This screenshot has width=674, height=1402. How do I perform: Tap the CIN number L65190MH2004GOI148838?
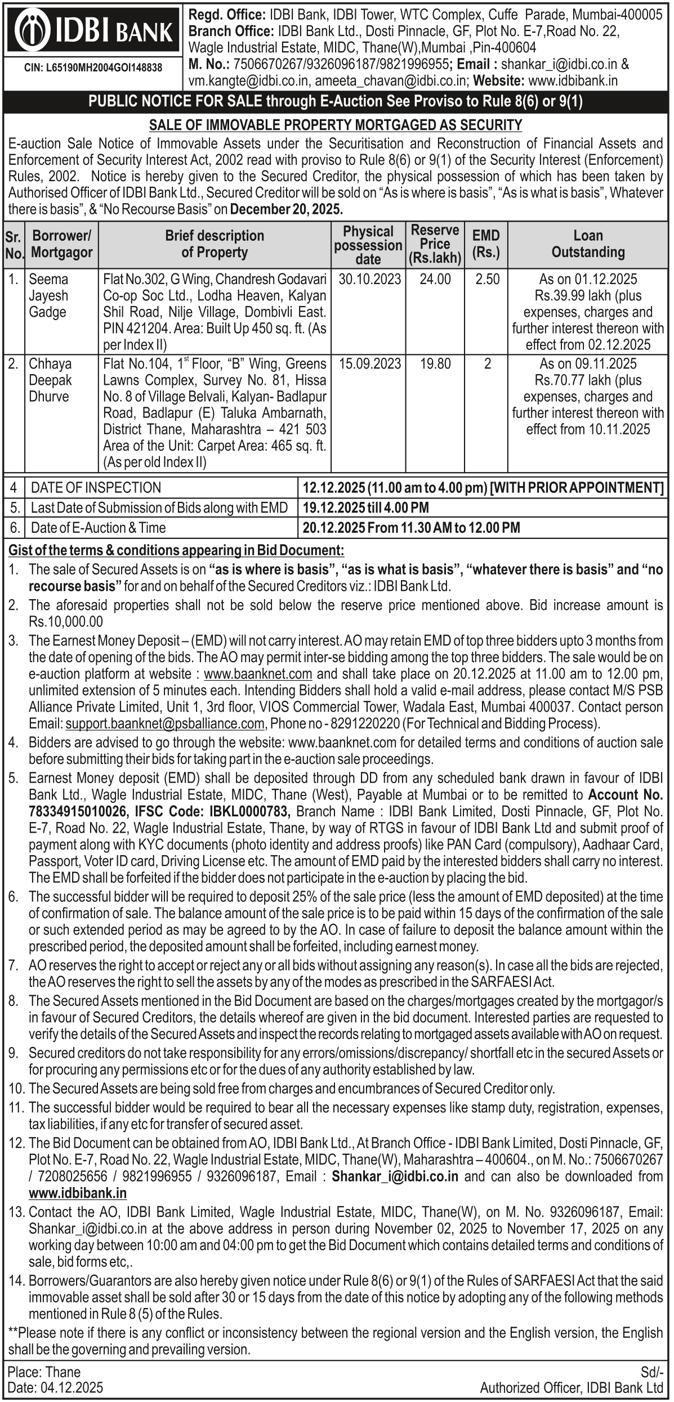coord(93,68)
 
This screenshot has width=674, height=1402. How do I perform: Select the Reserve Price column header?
coord(435,244)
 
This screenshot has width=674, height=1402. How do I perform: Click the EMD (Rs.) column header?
coord(486,244)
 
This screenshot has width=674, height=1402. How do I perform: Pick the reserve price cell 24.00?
coord(435,279)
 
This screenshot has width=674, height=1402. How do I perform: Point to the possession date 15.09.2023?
coord(369,364)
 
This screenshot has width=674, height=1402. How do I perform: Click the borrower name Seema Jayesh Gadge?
coord(48,295)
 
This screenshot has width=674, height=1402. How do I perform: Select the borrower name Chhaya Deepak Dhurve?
coord(50,380)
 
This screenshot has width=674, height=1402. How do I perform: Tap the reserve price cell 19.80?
coord(435,364)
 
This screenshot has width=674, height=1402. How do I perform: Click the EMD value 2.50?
coord(487,279)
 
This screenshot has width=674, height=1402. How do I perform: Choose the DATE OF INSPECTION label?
coord(96,487)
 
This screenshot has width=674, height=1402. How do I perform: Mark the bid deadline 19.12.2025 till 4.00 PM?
coord(365,507)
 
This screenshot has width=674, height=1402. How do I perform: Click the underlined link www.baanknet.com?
coord(258,673)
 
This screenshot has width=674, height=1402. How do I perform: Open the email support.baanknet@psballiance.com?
coord(165,723)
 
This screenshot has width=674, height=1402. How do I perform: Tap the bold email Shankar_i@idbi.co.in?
coord(395,1161)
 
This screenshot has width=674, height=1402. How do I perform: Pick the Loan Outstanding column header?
coord(588,244)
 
